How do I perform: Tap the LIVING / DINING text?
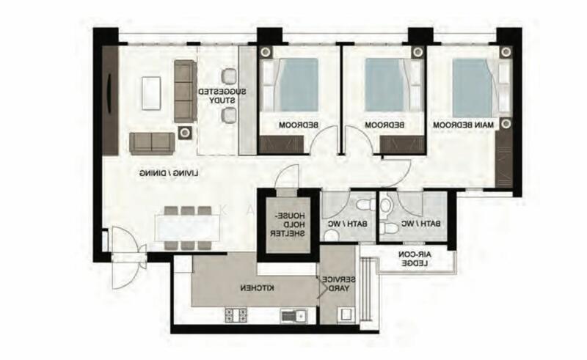point(170,175)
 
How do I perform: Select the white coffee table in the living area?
point(153,92)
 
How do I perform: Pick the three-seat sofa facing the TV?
point(184,91)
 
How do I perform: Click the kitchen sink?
point(292,316)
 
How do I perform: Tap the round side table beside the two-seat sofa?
point(184,133)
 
